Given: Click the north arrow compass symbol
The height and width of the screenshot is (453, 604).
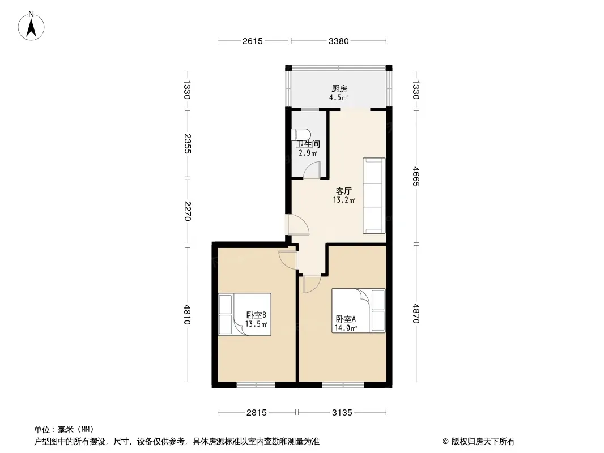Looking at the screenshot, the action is (31, 26).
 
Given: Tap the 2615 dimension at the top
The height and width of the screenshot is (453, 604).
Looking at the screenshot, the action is (253, 41).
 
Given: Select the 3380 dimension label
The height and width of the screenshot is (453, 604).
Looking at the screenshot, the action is (339, 41).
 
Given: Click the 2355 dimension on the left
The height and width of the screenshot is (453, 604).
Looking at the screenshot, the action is (187, 144).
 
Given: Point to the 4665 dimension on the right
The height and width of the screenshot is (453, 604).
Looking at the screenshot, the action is (416, 176).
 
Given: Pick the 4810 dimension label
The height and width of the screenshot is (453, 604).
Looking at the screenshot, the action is (187, 314).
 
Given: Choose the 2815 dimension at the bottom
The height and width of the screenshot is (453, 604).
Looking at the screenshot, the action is (257, 413).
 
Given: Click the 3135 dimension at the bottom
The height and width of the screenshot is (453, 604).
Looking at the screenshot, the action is (342, 413).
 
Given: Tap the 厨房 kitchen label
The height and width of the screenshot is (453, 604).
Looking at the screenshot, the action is (339, 89).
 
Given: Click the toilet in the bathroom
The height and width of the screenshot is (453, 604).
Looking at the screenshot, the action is (302, 135).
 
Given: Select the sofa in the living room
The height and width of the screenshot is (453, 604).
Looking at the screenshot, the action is (374, 195).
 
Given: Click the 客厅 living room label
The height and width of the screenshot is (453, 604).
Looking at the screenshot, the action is (343, 191).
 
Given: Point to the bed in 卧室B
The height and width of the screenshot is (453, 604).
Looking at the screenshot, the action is (245, 314).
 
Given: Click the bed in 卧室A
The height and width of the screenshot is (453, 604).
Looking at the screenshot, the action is (358, 311).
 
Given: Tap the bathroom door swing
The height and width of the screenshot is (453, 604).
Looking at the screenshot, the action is (312, 170).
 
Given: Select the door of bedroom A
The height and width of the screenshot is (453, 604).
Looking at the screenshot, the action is (311, 284).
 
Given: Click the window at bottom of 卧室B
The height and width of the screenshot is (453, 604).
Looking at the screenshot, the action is (256, 385).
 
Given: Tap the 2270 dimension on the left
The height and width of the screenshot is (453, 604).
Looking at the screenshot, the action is (187, 211).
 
